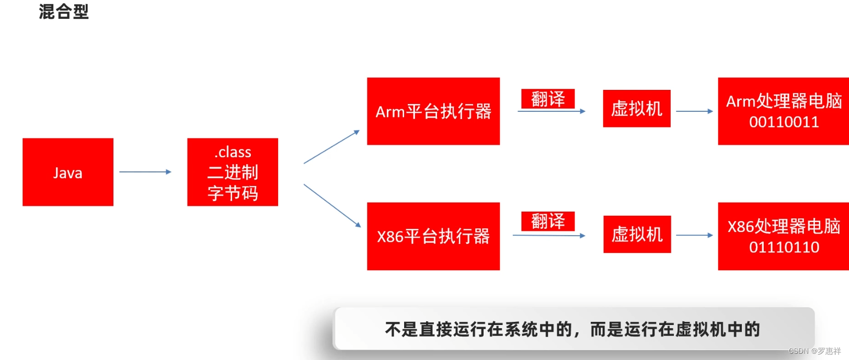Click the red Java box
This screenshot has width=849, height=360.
point(68,172)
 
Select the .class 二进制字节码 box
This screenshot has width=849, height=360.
point(233,172)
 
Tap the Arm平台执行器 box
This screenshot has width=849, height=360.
point(433,111)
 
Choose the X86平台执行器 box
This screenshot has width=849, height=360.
point(433,236)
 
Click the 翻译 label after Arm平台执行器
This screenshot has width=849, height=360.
point(548,99)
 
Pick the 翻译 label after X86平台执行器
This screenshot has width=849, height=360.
point(548,221)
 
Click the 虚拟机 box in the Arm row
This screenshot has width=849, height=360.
point(637,109)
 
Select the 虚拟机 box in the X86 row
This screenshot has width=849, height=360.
point(637,234)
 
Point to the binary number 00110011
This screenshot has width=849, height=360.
point(784,122)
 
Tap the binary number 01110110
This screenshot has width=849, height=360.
point(784,247)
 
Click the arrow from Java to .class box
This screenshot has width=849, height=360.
point(145,172)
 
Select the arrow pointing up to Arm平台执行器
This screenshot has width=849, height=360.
point(331,147)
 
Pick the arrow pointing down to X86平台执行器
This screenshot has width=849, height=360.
point(332,205)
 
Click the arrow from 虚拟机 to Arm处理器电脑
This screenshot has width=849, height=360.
point(694,111)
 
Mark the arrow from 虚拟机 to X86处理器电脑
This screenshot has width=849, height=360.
point(694,235)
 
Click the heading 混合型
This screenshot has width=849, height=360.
point(64,11)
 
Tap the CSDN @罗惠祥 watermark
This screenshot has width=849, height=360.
point(814,351)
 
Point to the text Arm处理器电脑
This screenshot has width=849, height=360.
point(784,101)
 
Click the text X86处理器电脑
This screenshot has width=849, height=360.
point(784,226)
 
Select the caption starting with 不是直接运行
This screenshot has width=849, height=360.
point(572,329)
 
